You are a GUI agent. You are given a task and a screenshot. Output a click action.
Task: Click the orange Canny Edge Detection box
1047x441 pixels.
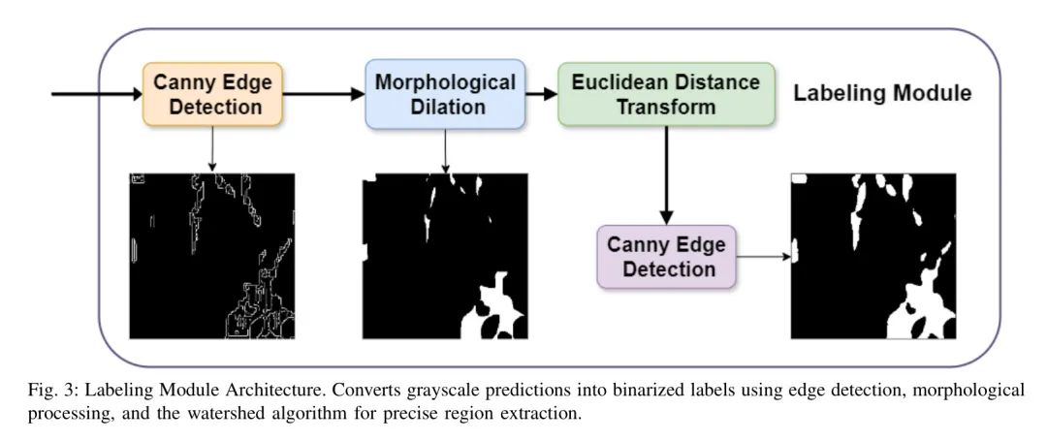coord(213,94)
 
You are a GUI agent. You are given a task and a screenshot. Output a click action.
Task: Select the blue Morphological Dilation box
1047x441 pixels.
coord(445,94)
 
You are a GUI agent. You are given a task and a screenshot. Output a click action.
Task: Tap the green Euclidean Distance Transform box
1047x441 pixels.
coord(666,94)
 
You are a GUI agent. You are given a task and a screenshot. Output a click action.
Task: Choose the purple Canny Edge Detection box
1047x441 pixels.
coord(666,257)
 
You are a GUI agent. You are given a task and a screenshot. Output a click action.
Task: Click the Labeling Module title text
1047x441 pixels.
coord(882,94)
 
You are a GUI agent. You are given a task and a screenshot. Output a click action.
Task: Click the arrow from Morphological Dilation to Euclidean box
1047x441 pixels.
coord(542,94)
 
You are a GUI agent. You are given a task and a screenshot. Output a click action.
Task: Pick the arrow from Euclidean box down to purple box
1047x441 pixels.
coord(666,174)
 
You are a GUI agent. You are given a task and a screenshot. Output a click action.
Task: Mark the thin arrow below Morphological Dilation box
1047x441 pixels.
coord(445,150)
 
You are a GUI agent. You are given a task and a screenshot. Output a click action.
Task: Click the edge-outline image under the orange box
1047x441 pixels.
coord(212,256)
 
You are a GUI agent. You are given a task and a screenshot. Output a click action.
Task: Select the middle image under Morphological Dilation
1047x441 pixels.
coord(445,256)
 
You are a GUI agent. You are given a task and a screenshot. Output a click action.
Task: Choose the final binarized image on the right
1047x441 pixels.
coord(873,256)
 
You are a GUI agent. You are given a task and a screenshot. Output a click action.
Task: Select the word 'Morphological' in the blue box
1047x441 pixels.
coord(445,82)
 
